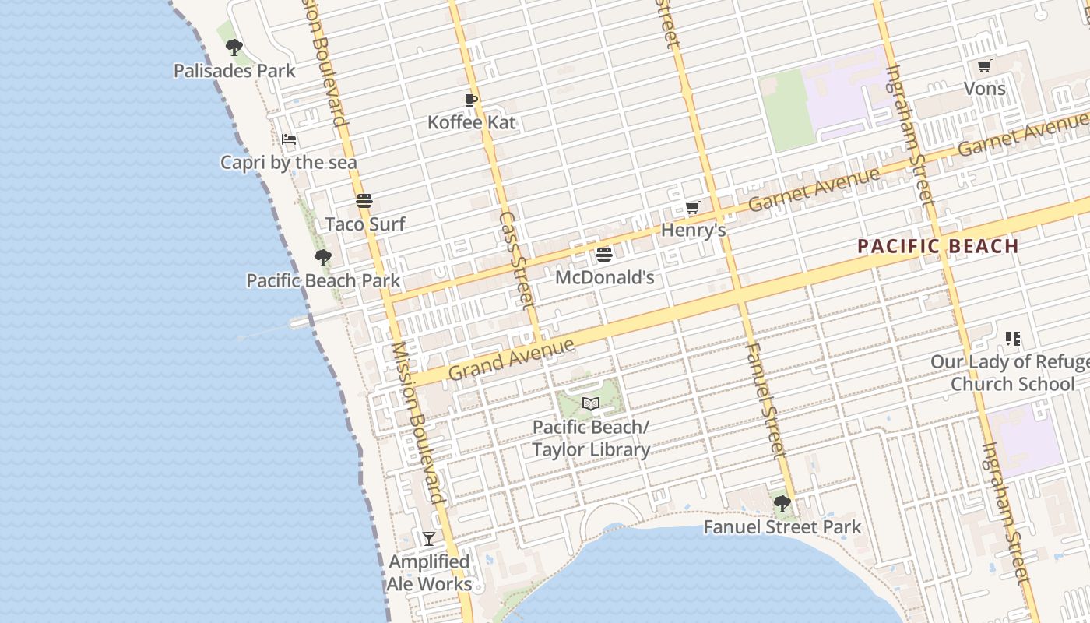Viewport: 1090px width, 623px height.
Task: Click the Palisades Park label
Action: (x=234, y=71)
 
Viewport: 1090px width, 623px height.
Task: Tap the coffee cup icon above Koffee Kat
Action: (x=471, y=100)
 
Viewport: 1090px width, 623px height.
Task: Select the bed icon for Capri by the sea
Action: (x=289, y=140)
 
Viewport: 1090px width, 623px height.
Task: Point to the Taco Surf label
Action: (x=364, y=224)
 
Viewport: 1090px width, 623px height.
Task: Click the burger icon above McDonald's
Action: (x=604, y=255)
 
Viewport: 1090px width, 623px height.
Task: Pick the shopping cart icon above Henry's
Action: (x=693, y=207)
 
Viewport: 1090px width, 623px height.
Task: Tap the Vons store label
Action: (x=985, y=89)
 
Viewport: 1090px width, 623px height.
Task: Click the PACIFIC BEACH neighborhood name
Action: (x=938, y=247)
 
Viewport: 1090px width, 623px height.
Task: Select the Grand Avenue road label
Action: (x=512, y=358)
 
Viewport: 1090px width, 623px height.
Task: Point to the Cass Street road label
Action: (x=517, y=258)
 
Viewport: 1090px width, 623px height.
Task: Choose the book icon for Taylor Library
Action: (x=591, y=404)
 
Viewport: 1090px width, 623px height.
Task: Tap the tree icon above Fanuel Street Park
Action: (x=782, y=504)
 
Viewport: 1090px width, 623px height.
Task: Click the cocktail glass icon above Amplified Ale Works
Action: (x=429, y=538)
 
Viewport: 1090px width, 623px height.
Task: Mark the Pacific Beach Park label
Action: (x=323, y=280)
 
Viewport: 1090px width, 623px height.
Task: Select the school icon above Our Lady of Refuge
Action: (x=1013, y=339)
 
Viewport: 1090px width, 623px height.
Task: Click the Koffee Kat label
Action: (x=471, y=122)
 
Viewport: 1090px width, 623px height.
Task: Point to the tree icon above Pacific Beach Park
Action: (x=323, y=258)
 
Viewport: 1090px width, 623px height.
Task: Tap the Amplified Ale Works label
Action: (x=430, y=573)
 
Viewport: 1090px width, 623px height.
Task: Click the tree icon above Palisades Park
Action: (x=234, y=48)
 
